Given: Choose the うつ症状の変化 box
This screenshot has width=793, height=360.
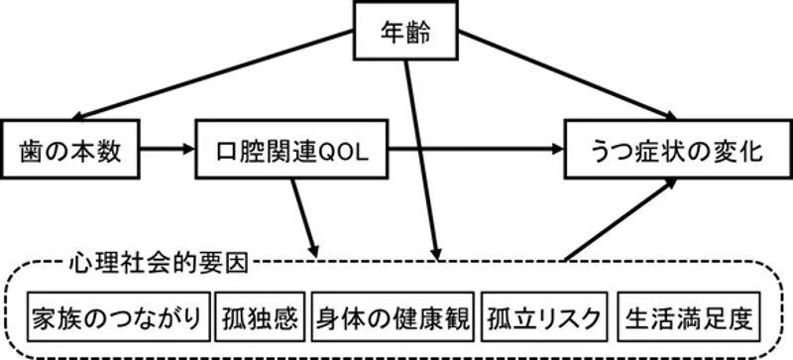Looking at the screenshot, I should [x=665, y=151].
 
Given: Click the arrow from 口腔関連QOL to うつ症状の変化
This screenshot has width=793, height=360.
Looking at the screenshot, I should [x=476, y=151].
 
